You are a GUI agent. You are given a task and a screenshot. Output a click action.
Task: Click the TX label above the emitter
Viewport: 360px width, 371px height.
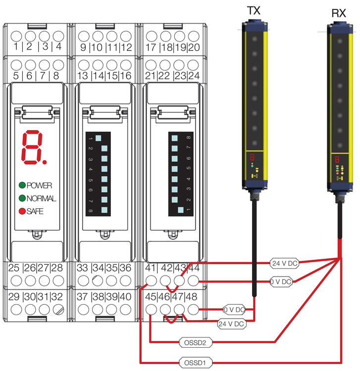point(253,10)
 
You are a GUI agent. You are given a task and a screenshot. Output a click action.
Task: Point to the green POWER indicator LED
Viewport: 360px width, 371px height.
point(22,185)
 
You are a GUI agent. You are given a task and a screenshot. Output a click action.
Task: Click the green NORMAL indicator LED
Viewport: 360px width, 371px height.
point(22,198)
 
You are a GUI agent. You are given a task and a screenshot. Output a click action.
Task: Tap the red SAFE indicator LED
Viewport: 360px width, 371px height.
point(22,211)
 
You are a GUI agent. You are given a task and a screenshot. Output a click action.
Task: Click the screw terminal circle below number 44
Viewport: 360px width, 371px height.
point(193,280)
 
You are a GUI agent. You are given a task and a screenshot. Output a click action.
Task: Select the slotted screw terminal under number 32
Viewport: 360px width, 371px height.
point(58,311)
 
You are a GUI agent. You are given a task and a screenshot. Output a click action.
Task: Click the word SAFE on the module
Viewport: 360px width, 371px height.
point(35,211)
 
